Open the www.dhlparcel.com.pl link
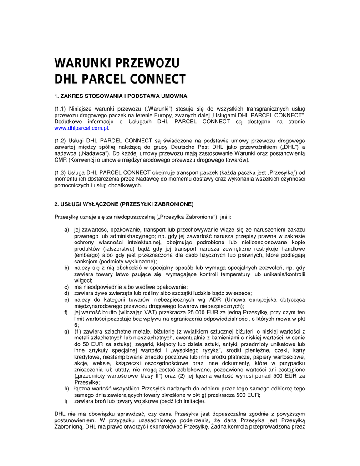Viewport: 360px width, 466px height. [x=82, y=129]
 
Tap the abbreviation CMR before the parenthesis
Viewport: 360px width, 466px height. [x=60, y=160]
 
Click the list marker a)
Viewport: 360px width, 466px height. [x=66, y=230]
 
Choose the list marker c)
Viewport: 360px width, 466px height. [x=66, y=287]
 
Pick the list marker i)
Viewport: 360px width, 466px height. [x=66, y=401]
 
